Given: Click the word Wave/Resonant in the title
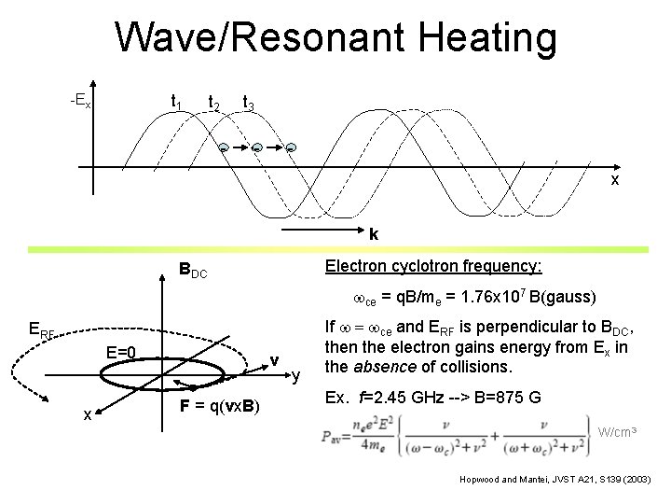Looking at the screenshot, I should point(245,39).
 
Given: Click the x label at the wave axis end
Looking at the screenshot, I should point(615,179).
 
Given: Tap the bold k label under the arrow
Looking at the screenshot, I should point(373,234).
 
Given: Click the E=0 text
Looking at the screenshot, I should point(123,352).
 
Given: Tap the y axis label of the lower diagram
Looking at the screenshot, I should point(295,377).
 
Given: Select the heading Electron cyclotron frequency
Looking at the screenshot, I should point(432,266).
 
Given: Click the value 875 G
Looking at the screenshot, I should point(538,399).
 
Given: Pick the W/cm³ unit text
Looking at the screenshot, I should point(618,431).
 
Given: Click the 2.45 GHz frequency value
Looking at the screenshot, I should point(415,399).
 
